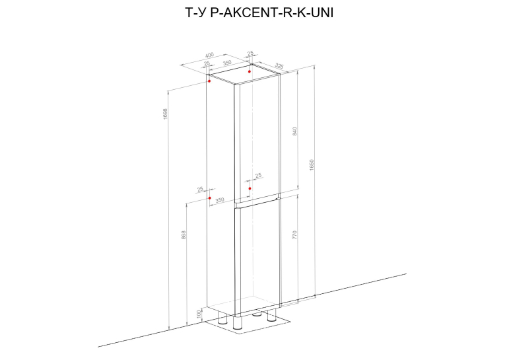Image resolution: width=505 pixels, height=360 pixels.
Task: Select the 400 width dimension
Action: coord(209,55)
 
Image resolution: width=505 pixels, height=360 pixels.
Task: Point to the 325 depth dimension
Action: coord(279,66)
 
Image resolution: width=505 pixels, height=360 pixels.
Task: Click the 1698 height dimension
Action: coord(166,114)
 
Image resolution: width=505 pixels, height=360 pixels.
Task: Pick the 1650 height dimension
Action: coord(312,164)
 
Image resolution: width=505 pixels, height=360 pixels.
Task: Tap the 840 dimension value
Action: coord(294,131)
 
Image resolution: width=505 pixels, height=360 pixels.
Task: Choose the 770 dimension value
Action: coord(294,234)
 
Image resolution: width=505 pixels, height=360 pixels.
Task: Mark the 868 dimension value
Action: coord(184,234)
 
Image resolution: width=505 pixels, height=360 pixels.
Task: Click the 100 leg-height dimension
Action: coord(199,314)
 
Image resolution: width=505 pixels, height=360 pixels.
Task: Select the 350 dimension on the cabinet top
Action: coord(227,63)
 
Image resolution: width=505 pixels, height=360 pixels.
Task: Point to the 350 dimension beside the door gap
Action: coord(220,200)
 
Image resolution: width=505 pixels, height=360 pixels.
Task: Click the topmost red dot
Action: coord(250,71)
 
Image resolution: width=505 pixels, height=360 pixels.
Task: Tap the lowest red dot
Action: coord(210,198)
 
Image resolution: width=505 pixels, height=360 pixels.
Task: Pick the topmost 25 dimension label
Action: coord(250,54)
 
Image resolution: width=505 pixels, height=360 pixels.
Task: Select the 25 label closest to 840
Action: coord(258,176)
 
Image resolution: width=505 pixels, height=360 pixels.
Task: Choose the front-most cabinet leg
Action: coord(238,322)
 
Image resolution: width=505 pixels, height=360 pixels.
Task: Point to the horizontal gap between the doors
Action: coord(257,201)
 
